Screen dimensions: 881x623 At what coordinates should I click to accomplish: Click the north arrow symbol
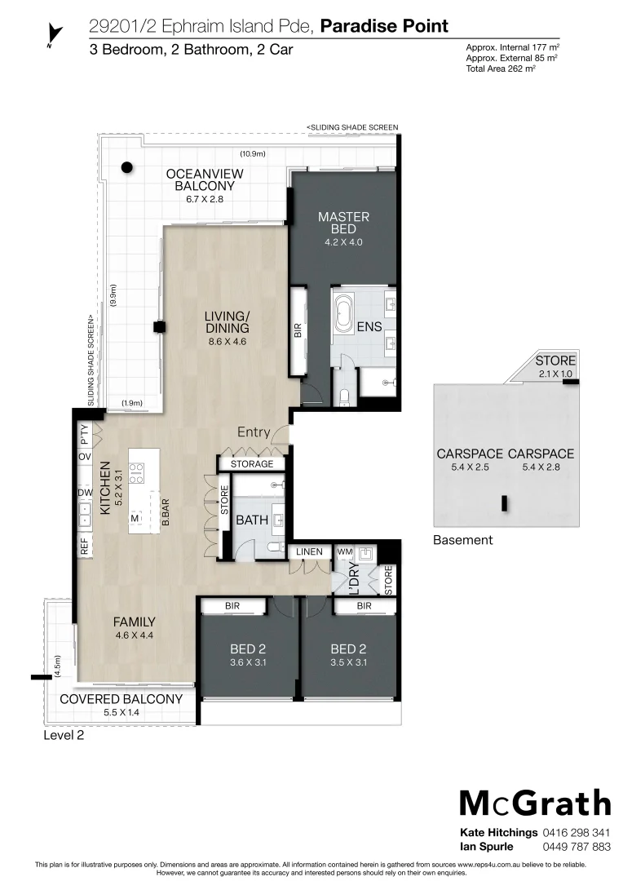click(x=55, y=34)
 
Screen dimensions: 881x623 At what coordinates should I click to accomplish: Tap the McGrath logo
click(x=535, y=803)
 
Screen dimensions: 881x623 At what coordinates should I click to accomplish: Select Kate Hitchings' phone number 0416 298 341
click(x=577, y=833)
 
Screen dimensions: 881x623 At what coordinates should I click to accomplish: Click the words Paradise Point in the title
click(x=384, y=26)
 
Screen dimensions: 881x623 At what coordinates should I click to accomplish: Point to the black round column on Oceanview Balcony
click(x=126, y=167)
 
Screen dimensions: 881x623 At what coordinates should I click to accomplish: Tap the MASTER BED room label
click(x=343, y=223)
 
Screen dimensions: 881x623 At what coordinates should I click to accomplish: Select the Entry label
click(x=253, y=432)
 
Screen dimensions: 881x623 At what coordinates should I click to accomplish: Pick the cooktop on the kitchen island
click(x=137, y=473)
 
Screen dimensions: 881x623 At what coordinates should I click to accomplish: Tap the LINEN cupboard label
click(x=310, y=552)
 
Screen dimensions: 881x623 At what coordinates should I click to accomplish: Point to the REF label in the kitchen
click(x=84, y=547)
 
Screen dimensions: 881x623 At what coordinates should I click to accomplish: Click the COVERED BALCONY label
click(x=122, y=699)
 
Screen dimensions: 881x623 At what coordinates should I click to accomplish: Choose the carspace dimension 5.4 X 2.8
click(x=541, y=468)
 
